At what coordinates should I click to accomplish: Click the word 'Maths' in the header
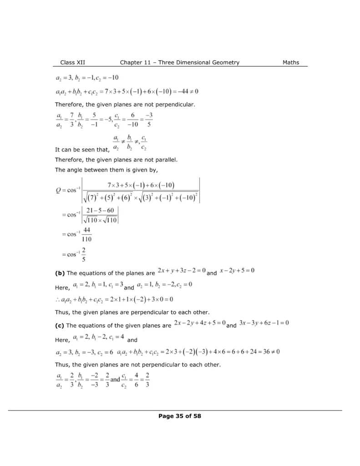pos(291,62)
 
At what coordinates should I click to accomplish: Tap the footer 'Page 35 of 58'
pos(180,415)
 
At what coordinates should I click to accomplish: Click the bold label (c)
pos(60,326)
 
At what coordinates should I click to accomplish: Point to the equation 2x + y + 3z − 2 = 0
pos(181,271)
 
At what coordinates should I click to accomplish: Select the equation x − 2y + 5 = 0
pos(237,271)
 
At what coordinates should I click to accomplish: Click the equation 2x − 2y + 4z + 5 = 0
pos(200,324)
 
